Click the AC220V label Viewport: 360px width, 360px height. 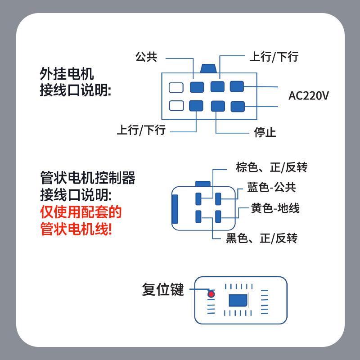coord(309,96)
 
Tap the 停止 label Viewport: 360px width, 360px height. coord(265,132)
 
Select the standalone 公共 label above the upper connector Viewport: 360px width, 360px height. coord(146,57)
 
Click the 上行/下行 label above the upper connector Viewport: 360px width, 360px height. coord(274,57)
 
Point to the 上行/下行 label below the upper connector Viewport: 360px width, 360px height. coord(141,130)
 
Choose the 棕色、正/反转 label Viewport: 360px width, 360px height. coord(271,167)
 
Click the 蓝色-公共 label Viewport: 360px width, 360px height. coord(271,188)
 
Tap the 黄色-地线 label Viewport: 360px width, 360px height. coord(275,208)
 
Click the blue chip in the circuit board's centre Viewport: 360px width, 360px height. coord(238,300)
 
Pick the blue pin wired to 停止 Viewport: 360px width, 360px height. coord(218,106)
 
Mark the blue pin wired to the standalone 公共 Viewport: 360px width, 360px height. coord(196,87)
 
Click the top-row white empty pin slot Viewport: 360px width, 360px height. coord(176,87)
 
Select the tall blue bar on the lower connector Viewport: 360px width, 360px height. coord(175,209)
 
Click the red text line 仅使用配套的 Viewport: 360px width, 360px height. coord(81,211)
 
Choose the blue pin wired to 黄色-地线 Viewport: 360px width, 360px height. coord(218,216)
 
